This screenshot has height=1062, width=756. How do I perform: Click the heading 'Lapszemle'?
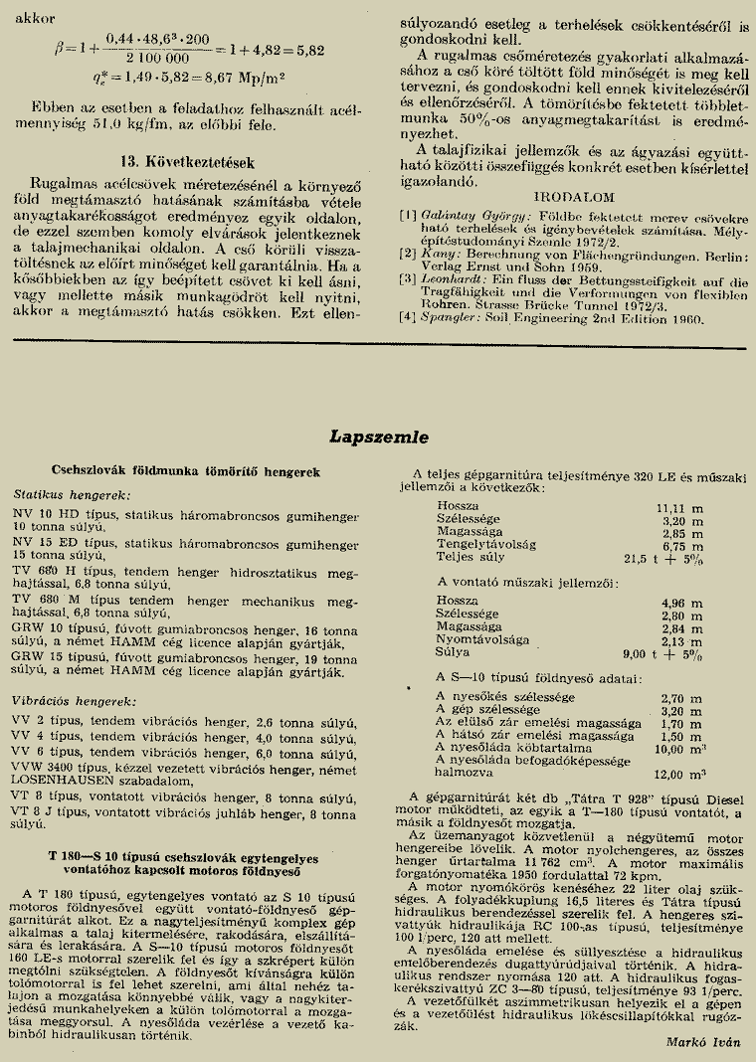378,437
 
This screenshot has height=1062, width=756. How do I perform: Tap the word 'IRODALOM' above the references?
575,197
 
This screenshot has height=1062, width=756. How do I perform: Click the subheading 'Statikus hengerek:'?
72,494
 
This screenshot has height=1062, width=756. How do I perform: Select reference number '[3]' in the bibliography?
407,278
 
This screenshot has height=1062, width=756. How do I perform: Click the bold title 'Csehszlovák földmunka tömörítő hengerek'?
184,471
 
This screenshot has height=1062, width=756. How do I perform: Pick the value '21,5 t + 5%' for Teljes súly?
663,559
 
